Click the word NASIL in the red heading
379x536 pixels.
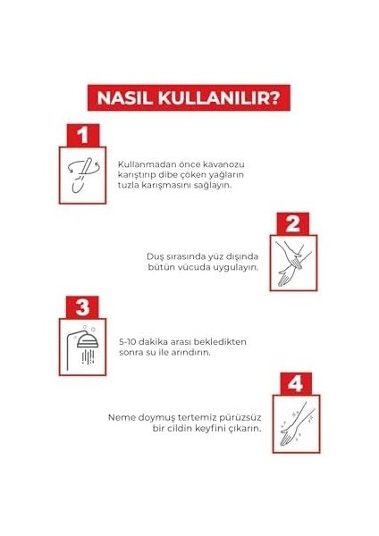125,98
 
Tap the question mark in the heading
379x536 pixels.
274,98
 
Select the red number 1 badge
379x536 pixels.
83,136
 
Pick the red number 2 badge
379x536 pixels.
292,224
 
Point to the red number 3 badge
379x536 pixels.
82,307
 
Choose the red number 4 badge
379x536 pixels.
296,383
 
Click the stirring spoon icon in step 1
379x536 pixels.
83,176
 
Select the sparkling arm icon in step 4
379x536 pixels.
296,423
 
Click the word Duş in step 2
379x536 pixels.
155,256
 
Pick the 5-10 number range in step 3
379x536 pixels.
128,342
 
